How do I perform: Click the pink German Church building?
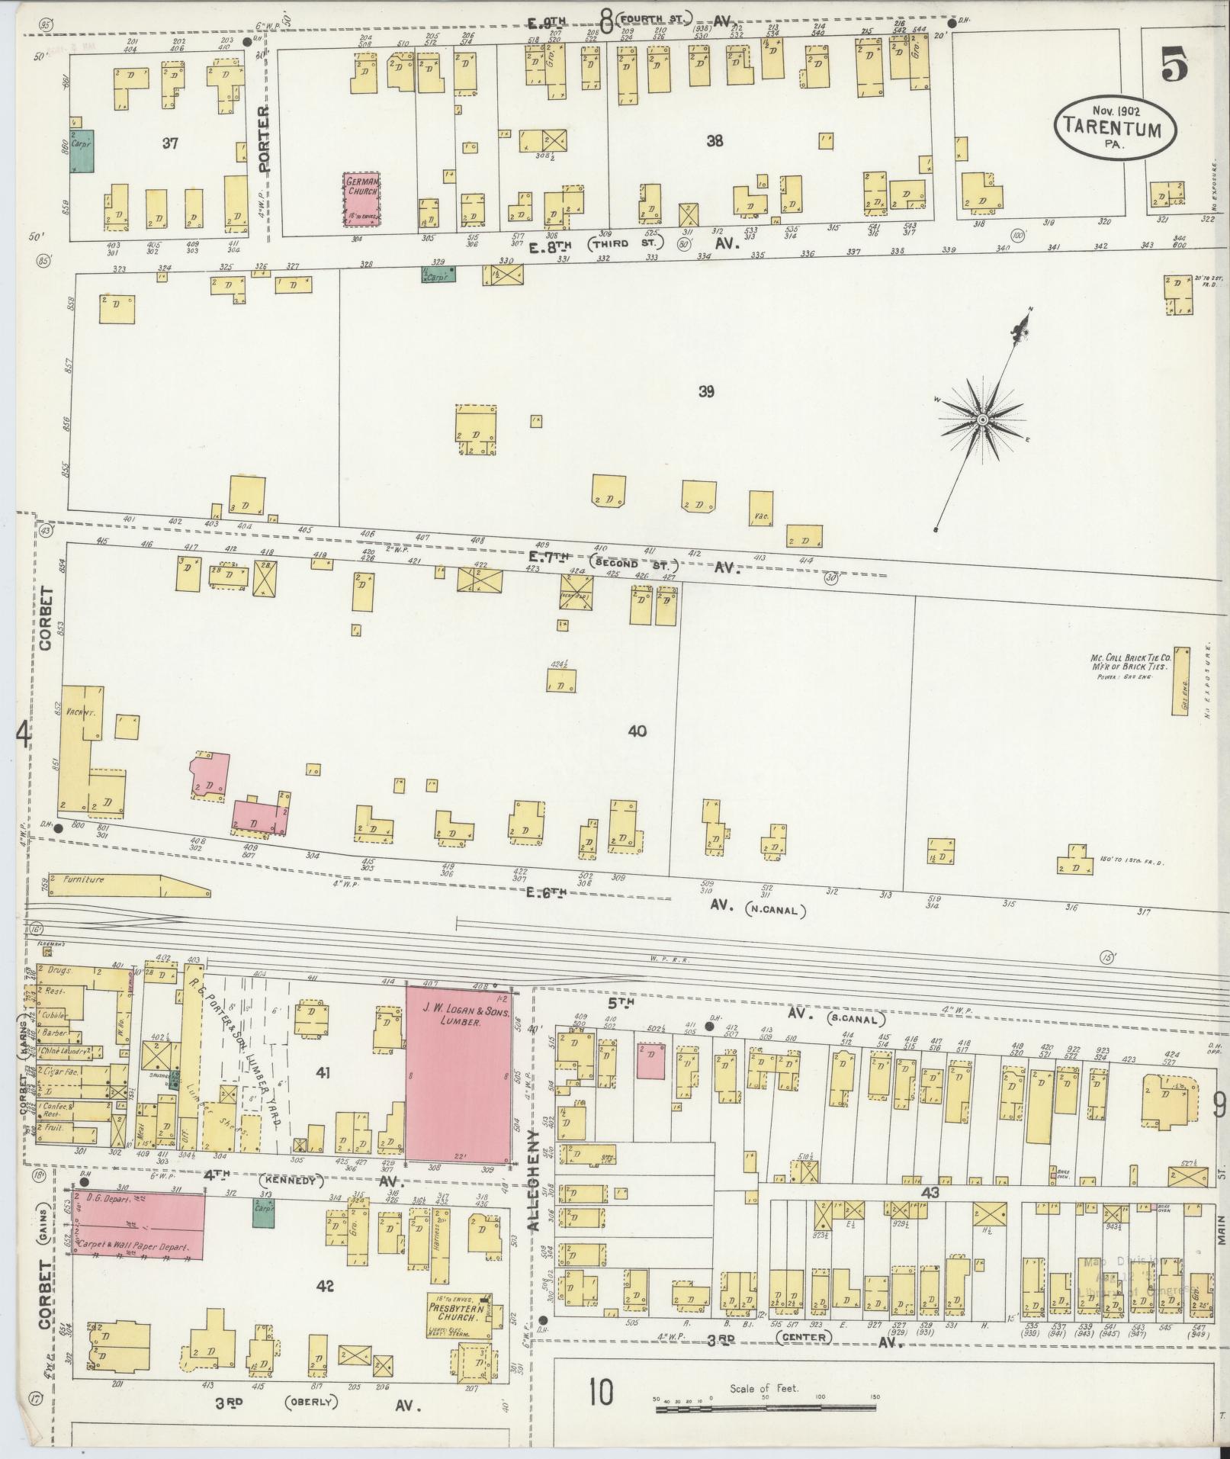[362, 196]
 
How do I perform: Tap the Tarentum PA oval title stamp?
[1114, 128]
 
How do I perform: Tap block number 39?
[706, 392]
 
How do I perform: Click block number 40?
[637, 731]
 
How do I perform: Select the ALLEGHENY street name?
[534, 1195]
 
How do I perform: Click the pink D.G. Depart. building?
[139, 1227]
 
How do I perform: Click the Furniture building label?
[84, 879]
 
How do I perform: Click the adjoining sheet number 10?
[600, 1394]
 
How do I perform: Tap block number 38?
[715, 141]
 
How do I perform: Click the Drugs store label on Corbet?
[59, 971]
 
